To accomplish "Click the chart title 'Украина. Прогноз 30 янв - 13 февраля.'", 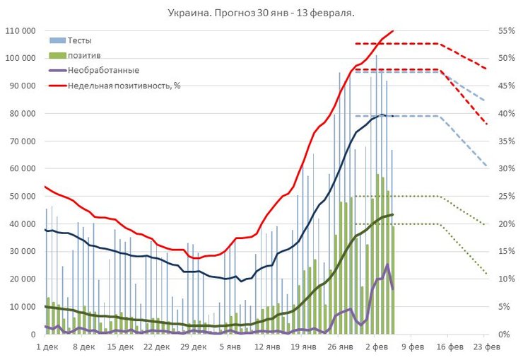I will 261,13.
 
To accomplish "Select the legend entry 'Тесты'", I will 79,41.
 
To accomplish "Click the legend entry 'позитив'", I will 83,55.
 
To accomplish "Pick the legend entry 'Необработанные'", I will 103,70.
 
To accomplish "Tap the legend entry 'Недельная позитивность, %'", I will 124,85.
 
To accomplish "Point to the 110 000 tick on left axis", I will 21,30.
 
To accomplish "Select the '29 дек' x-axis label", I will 194,347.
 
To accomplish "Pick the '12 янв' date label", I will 267,347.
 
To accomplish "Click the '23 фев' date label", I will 488,347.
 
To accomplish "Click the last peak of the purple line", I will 387,265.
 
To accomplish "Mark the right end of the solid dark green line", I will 392,214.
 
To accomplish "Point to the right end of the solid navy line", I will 392,116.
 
